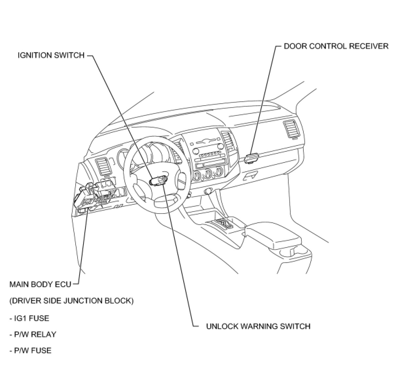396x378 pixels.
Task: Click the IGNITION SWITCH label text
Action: pos(51,55)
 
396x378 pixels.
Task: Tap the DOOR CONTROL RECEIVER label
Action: pos(336,46)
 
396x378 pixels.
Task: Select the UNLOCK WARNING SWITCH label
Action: pos(258,326)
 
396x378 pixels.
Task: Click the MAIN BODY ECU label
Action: pos(40,284)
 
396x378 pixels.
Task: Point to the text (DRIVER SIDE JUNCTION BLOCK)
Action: pos(71,301)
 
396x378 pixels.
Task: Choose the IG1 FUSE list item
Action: pos(29,318)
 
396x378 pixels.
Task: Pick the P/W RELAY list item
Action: pos(33,335)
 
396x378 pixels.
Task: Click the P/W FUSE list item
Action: pos(30,351)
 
